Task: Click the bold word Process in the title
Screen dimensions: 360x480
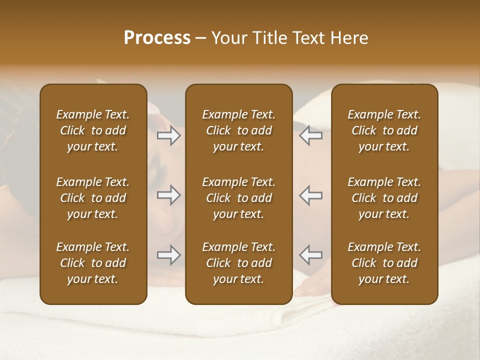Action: [x=157, y=38]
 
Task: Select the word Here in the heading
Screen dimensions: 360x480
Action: [x=350, y=38]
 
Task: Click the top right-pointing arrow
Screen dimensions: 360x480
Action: [x=169, y=135]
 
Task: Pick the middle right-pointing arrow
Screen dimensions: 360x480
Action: [x=169, y=195]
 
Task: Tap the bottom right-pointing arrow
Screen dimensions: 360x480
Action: [x=169, y=255]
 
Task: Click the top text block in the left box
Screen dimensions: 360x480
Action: [x=93, y=130]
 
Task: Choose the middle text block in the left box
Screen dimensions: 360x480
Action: [x=93, y=198]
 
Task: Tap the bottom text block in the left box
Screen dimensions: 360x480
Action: [x=93, y=263]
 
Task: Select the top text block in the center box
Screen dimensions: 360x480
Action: [x=239, y=130]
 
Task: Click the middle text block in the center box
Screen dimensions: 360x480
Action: [x=239, y=198]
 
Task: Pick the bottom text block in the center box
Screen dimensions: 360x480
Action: [x=239, y=263]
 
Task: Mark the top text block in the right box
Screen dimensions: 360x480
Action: [x=384, y=130]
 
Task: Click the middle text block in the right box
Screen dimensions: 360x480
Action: [x=384, y=198]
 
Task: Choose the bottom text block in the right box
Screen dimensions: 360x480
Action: [x=384, y=263]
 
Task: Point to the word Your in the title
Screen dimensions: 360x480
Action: [x=227, y=38]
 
